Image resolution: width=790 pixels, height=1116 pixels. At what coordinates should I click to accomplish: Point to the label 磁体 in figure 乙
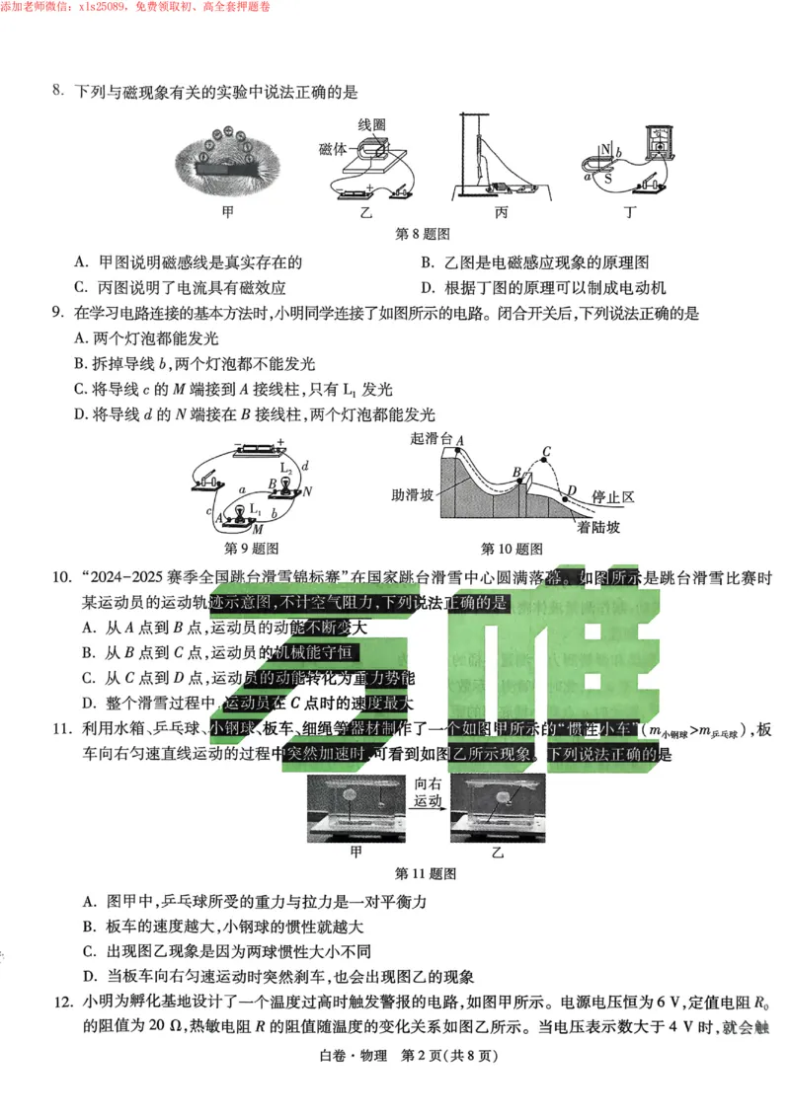click(x=333, y=148)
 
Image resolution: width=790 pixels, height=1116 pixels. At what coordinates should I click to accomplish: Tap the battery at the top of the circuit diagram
click(x=259, y=449)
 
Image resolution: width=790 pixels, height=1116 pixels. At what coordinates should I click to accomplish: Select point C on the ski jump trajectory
click(x=545, y=455)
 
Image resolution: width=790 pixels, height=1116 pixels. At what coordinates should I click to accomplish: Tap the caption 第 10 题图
click(x=512, y=549)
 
